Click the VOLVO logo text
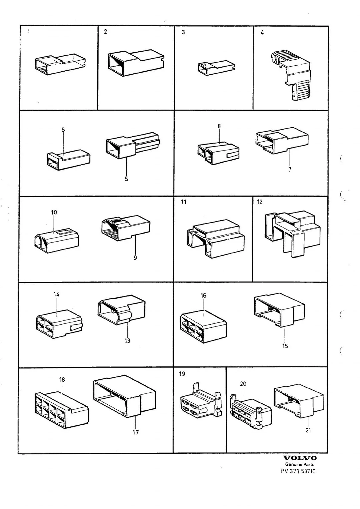pyautogui.click(x=300, y=458)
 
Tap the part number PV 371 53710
pyautogui.click(x=298, y=471)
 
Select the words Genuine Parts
pyautogui.click(x=300, y=464)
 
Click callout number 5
pyautogui.click(x=126, y=179)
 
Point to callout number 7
pyautogui.click(x=290, y=169)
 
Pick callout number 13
pyautogui.click(x=127, y=341)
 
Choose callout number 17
pyautogui.click(x=136, y=432)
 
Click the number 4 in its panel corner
pyautogui.click(x=262, y=33)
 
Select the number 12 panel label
pyautogui.click(x=260, y=202)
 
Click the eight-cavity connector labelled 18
pyautogui.click(x=62, y=410)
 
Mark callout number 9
pyautogui.click(x=135, y=258)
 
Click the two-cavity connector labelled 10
pyautogui.click(x=57, y=241)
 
